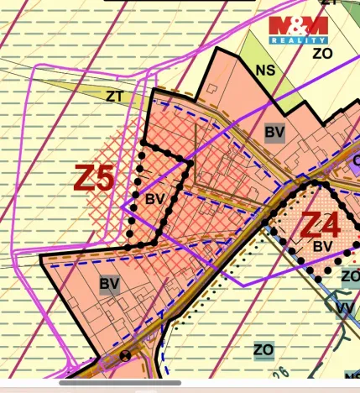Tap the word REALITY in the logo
(298, 39)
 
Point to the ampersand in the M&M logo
(298, 24)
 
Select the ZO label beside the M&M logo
(323, 54)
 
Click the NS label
(265, 71)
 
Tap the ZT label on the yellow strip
(115, 96)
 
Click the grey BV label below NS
(274, 132)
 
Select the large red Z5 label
(95, 178)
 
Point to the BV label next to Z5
(154, 200)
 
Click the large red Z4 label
(320, 225)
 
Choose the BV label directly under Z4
(322, 247)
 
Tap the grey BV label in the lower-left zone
(109, 284)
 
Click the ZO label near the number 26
(263, 349)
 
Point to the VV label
(344, 308)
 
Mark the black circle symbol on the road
(126, 355)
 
